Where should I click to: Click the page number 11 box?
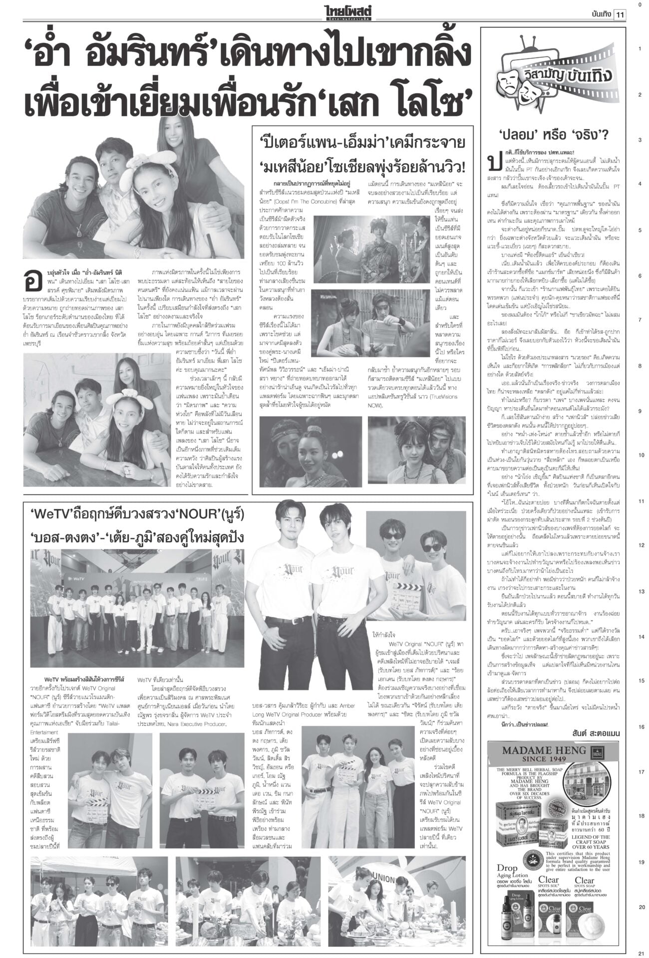(621, 14)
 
